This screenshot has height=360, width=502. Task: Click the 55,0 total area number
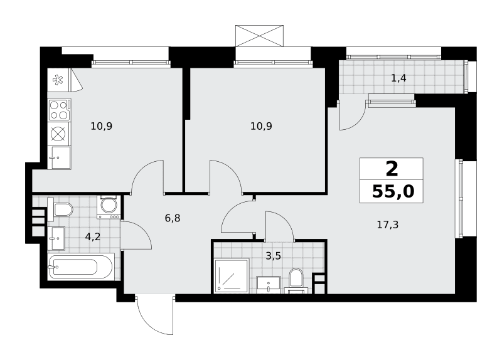tap(393, 192)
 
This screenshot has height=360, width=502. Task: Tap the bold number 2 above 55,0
tap(392, 169)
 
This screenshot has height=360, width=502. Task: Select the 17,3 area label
tap(388, 225)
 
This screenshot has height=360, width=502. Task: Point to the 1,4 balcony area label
tap(398, 78)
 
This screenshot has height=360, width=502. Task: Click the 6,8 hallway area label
tap(173, 218)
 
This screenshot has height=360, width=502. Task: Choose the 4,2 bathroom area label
tap(93, 237)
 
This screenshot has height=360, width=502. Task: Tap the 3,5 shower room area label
tap(274, 256)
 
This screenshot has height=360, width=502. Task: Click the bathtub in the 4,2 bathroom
tap(80, 267)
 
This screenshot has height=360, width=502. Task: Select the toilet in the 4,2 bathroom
tap(60, 209)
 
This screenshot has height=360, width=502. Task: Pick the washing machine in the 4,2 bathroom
tap(109, 207)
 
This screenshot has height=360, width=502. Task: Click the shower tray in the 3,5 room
tap(231, 275)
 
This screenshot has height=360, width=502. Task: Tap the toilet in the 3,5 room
tap(296, 280)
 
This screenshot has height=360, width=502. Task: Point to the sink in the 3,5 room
tap(269, 285)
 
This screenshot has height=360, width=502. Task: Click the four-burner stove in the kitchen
tap(59, 110)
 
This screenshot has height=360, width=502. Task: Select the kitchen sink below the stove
tap(59, 157)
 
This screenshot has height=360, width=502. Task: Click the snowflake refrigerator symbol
tap(58, 80)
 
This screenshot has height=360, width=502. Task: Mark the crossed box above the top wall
tap(259, 36)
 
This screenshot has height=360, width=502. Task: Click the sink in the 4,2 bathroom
tap(56, 238)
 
